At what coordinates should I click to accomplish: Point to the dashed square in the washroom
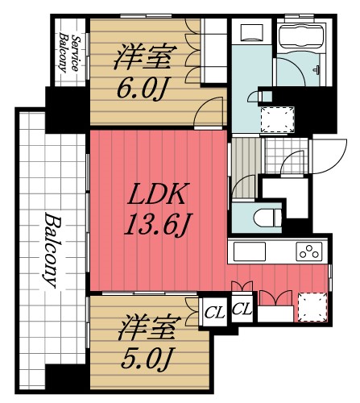click(275, 118)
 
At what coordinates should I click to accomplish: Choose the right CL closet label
click(242, 310)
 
